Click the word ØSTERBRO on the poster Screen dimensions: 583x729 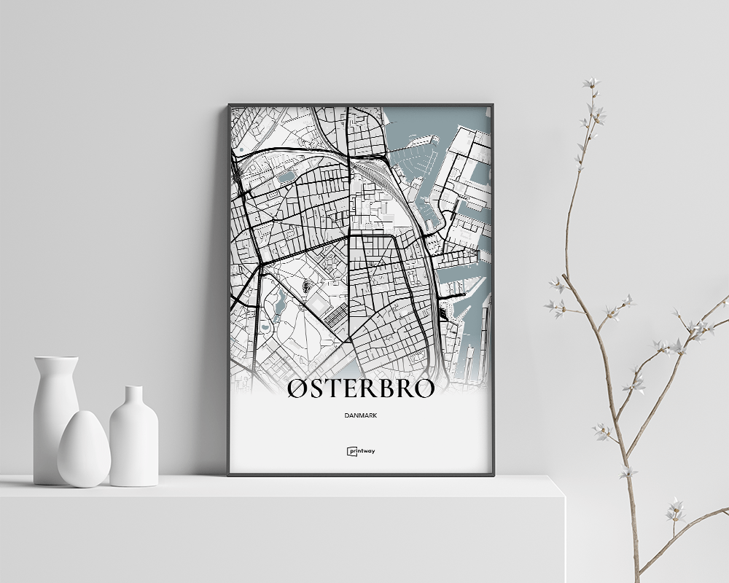pos(361,388)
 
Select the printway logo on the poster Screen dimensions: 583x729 pos(361,451)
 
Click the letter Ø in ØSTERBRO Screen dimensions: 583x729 pos(298,388)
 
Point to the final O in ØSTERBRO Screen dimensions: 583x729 pos(424,388)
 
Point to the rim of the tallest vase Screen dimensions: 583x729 pos(56,359)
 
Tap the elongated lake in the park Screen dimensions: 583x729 pos(279,304)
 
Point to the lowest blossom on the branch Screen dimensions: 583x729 pos(675,510)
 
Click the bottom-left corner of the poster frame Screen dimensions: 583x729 pos(230,474)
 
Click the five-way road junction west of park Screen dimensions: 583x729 pos(260,265)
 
